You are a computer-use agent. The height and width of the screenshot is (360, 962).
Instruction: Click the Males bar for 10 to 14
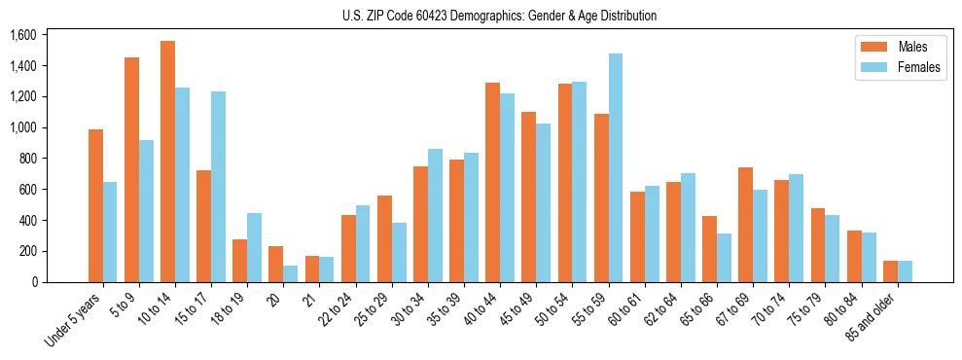pyautogui.click(x=167, y=162)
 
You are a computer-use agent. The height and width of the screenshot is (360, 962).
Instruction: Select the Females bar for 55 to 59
pyautogui.click(x=616, y=167)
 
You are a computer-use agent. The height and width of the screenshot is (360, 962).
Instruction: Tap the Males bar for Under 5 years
pyautogui.click(x=95, y=205)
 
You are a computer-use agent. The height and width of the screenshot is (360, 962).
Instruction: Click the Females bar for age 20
pyautogui.click(x=291, y=273)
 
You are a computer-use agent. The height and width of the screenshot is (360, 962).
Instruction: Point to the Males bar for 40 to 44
pyautogui.click(x=493, y=182)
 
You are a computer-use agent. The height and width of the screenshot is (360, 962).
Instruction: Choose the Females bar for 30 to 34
pyautogui.click(x=435, y=215)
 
